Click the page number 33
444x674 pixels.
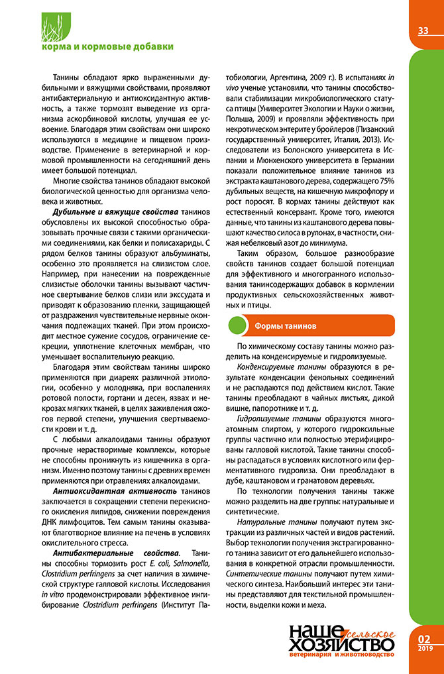pos(423,31)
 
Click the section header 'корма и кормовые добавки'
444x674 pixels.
pos(107,46)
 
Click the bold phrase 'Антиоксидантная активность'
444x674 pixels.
pos(115,491)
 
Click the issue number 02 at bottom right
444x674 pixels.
pos(424,639)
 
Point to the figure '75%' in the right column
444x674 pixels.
pos(386,181)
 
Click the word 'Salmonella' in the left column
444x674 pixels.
pos(189,563)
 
